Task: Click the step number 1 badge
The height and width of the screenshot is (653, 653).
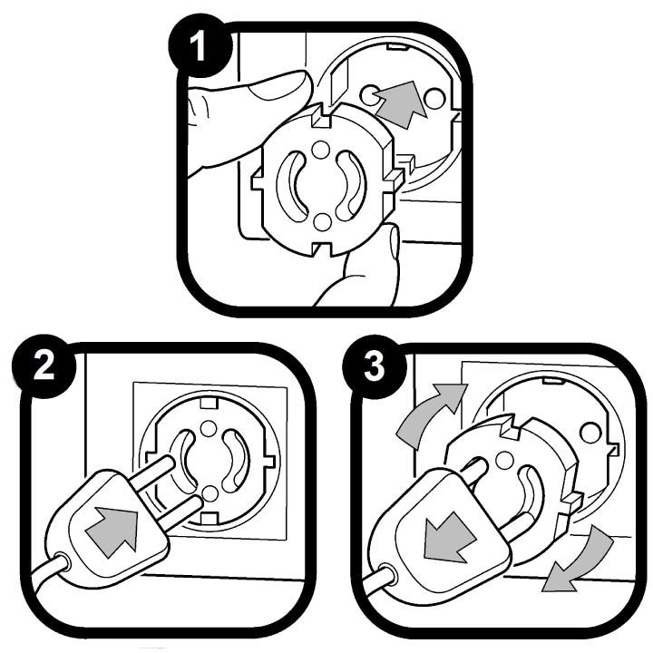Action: pos(199,45)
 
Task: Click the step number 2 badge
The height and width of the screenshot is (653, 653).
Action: pos(44,365)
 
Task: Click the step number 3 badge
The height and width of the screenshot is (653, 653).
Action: pos(374,366)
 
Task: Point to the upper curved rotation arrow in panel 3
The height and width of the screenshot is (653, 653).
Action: pos(429,414)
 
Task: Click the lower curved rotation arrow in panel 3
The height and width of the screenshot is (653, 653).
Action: pos(579,560)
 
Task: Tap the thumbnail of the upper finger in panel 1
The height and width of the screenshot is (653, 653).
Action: pos(281,87)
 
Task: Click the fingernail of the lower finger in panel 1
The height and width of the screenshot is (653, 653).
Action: pos(394,243)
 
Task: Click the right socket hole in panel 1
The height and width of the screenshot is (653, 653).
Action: pos(434,97)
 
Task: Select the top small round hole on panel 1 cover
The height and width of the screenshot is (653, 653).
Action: pos(320,150)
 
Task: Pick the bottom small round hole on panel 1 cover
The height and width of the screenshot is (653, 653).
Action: pos(322,221)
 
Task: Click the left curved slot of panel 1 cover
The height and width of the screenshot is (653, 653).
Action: pos(290,183)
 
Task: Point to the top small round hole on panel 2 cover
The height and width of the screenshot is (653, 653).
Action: pos(208,428)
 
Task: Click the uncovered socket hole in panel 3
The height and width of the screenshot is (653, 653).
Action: pos(591,433)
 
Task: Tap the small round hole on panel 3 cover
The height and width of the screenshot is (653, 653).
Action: pos(505,460)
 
